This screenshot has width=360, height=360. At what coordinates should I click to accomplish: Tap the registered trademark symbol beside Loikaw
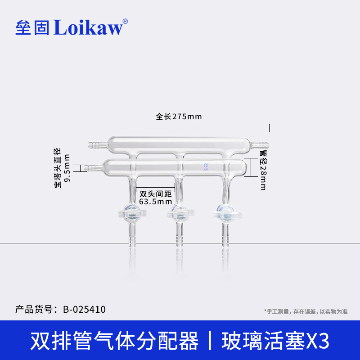(x=125, y=21)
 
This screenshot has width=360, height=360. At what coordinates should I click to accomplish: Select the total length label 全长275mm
(x=179, y=116)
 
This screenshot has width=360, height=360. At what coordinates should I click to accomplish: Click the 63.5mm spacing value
(x=156, y=201)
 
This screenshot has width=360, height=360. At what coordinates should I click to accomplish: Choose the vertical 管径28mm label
(x=263, y=170)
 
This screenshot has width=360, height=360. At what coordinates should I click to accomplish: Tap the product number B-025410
(x=84, y=309)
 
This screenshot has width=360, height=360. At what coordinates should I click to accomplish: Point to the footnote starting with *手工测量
(x=306, y=311)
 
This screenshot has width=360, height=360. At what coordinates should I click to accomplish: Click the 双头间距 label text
(x=156, y=194)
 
